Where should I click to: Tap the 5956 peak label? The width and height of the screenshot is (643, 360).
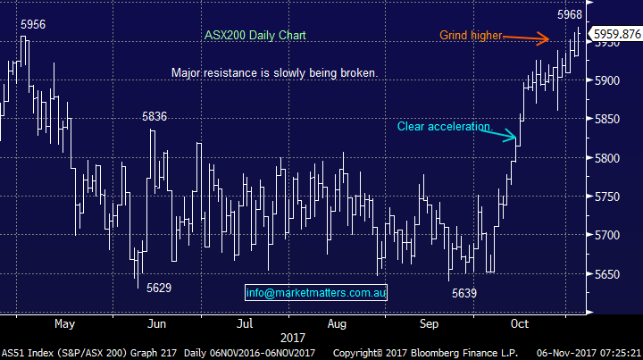(33, 25)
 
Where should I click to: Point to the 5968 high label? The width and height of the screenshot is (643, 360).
(569, 15)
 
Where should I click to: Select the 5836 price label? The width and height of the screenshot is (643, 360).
(154, 116)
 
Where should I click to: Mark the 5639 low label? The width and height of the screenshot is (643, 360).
(464, 293)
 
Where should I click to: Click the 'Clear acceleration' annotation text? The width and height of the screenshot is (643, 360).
(444, 127)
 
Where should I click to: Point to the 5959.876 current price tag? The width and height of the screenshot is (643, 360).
(616, 34)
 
